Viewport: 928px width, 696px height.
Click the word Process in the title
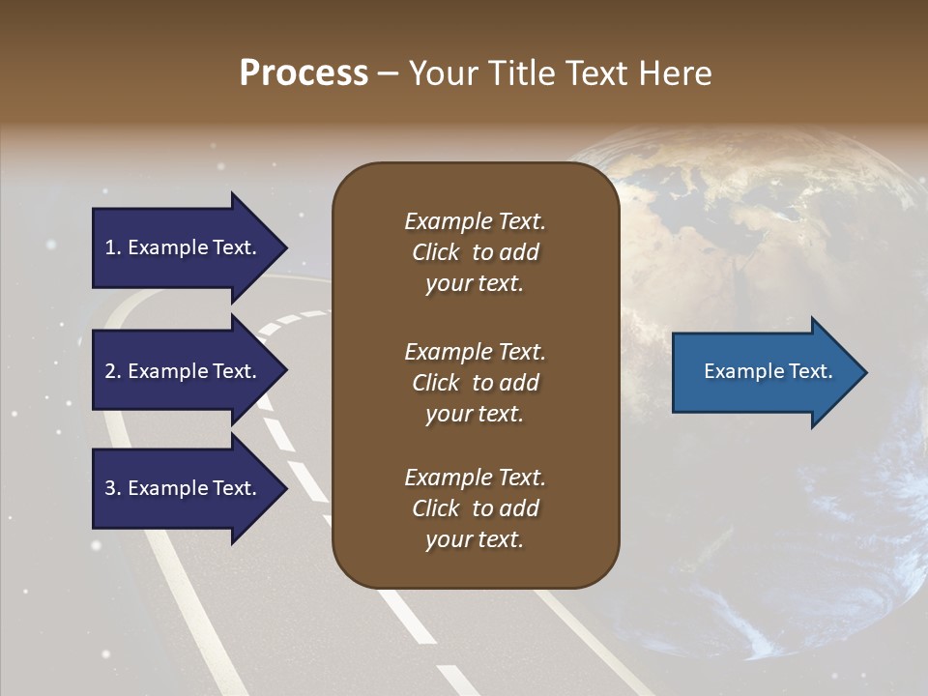coord(304,73)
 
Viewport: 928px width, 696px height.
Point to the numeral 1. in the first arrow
coord(113,247)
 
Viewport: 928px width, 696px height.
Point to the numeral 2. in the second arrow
coord(113,371)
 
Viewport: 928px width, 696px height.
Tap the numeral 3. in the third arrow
coord(113,488)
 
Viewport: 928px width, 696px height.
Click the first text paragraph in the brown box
coord(475,252)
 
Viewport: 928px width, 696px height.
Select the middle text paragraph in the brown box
coord(475,383)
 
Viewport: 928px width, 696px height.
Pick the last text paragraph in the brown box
coord(475,508)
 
